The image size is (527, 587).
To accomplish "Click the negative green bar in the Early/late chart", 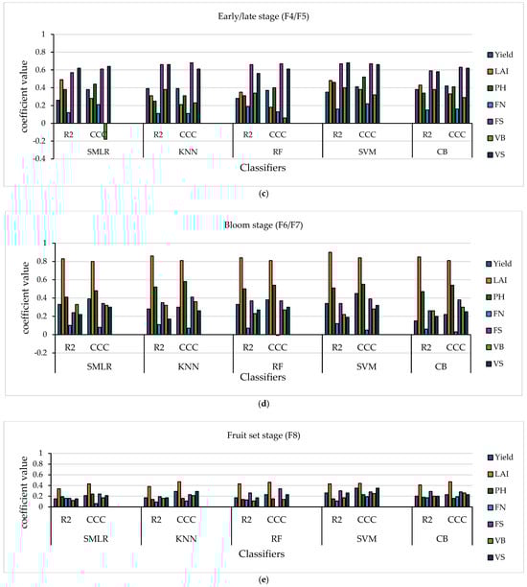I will point(105,131).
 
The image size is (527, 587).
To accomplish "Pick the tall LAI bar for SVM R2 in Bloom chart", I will point(331,293).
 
